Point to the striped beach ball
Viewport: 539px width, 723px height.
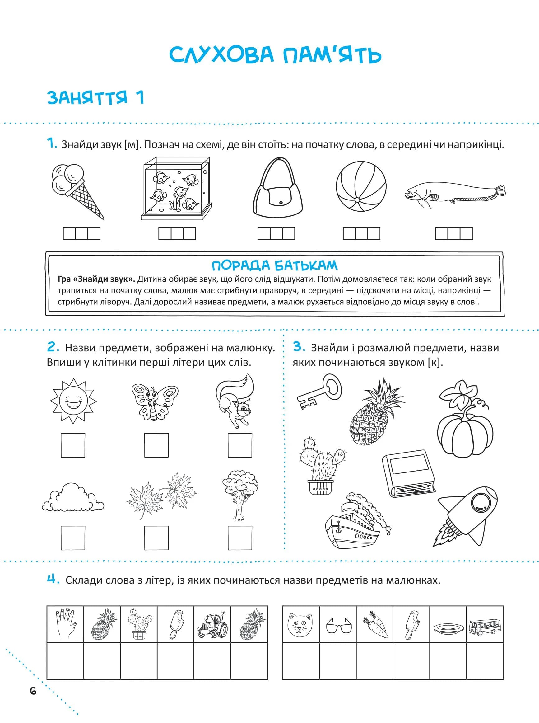tap(361, 186)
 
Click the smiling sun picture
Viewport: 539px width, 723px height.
tap(73, 401)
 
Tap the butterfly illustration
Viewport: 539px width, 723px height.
tap(155, 402)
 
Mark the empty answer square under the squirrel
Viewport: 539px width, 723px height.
tap(240, 445)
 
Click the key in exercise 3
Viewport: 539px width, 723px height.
tap(320, 392)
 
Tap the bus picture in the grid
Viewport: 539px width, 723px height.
tap(485, 627)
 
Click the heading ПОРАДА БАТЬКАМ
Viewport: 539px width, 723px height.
tap(274, 266)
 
